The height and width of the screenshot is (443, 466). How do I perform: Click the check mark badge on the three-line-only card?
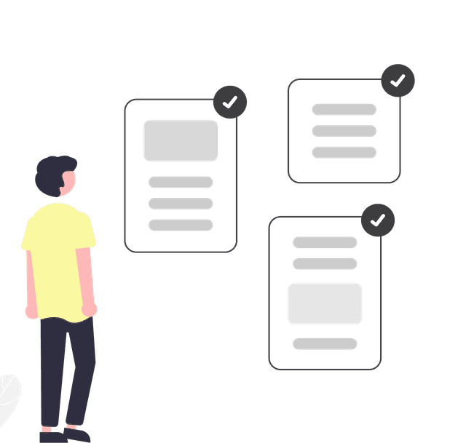coord(398,81)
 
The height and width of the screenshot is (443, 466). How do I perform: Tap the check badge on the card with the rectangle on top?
coord(230,103)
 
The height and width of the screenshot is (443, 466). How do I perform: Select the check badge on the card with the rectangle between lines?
coord(378,220)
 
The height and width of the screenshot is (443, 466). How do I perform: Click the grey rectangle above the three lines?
coord(181,140)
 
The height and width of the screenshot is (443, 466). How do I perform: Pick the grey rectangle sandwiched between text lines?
coord(325,303)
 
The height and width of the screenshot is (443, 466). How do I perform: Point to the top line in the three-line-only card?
coord(344,110)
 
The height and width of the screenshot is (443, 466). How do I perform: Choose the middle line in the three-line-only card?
coord(344,131)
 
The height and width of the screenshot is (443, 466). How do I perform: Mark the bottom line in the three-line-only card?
coord(344,152)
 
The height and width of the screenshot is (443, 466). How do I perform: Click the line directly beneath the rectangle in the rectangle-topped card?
coord(181,183)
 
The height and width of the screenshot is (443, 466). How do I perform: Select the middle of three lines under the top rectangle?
coord(181,204)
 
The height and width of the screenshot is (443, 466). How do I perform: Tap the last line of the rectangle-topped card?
coord(181,225)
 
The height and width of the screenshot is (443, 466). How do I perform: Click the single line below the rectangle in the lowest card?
coord(325,344)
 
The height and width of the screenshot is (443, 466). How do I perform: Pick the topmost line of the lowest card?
coord(325,242)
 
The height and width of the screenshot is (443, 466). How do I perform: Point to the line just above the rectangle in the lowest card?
coord(325,263)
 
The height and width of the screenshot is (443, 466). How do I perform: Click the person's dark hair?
coord(52,173)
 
